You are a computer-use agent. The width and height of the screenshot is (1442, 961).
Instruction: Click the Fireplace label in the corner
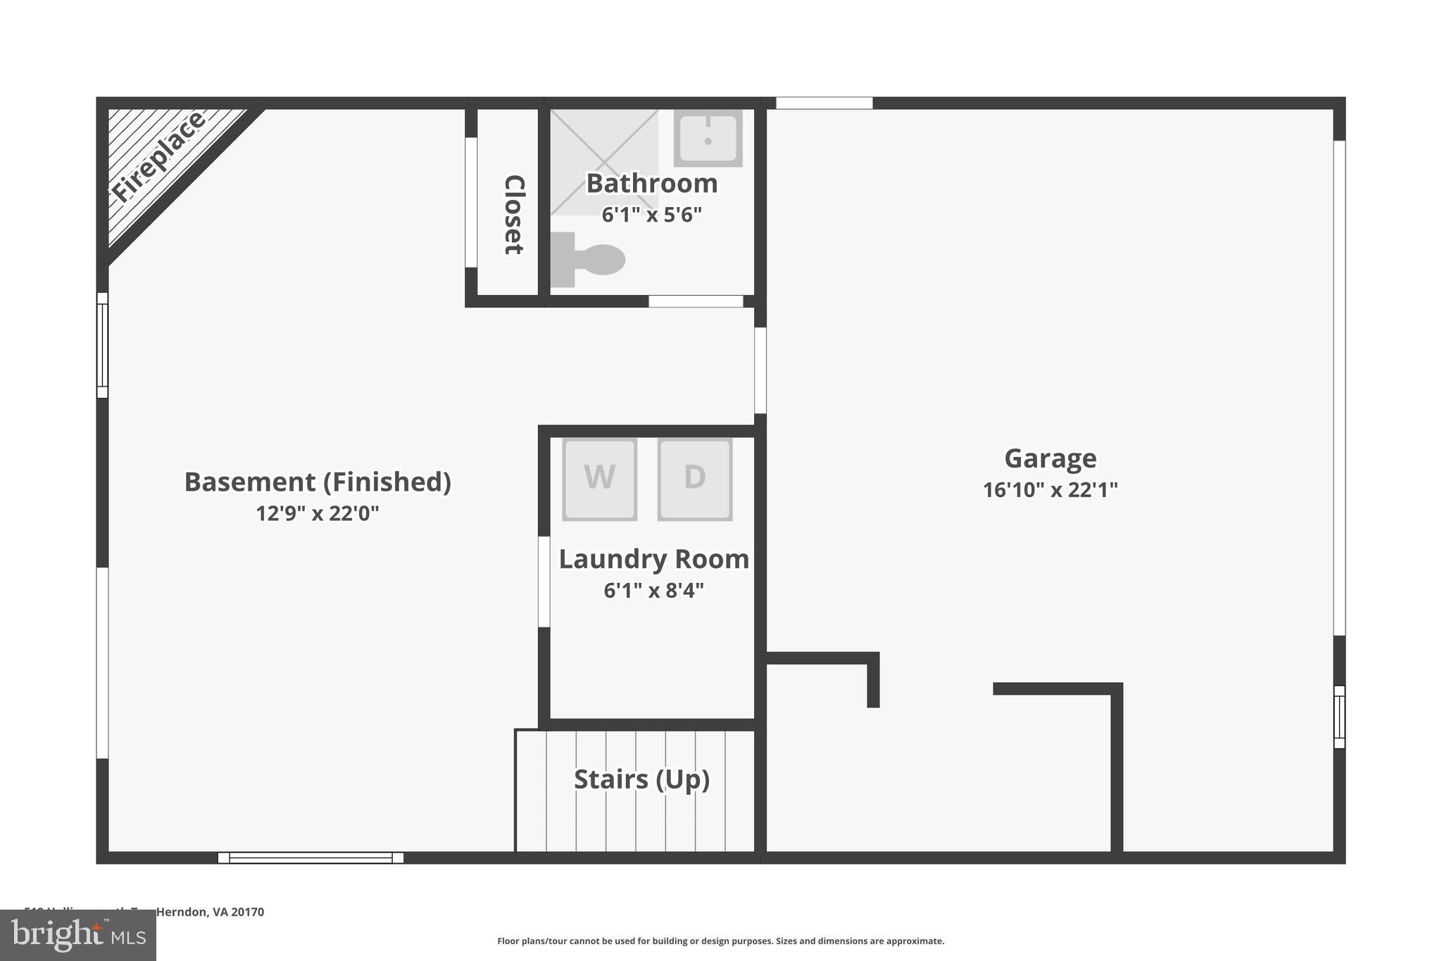158,156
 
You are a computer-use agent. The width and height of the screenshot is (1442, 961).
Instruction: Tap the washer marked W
599,479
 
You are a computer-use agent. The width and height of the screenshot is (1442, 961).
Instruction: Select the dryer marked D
695,479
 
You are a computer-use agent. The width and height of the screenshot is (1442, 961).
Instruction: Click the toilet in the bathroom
589,260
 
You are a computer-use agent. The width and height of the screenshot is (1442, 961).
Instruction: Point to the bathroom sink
708,137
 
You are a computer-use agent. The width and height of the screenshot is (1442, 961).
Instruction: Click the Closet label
514,215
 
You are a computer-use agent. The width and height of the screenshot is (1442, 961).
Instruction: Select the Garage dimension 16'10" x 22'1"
1050,489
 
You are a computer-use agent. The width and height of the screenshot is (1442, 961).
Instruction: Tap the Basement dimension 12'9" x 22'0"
317,513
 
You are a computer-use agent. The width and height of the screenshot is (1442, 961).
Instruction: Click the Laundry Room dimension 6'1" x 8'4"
653,590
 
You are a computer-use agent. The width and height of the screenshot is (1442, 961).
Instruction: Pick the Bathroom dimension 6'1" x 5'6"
651,215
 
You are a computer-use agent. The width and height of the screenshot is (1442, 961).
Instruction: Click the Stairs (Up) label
641,779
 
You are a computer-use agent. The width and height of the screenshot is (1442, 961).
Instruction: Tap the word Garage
1050,458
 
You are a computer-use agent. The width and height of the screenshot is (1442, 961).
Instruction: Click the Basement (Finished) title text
318,482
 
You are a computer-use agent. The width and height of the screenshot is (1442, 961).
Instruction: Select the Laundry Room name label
653,559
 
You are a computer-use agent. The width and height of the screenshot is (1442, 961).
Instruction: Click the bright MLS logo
78,935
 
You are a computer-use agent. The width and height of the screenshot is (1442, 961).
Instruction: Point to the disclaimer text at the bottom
720,941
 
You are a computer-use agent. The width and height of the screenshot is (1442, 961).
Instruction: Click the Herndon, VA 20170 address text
210,912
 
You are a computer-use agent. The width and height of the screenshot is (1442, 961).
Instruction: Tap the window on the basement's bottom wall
311,858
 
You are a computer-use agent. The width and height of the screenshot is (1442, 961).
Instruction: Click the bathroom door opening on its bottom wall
696,301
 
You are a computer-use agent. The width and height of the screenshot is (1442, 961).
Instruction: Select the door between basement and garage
760,370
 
